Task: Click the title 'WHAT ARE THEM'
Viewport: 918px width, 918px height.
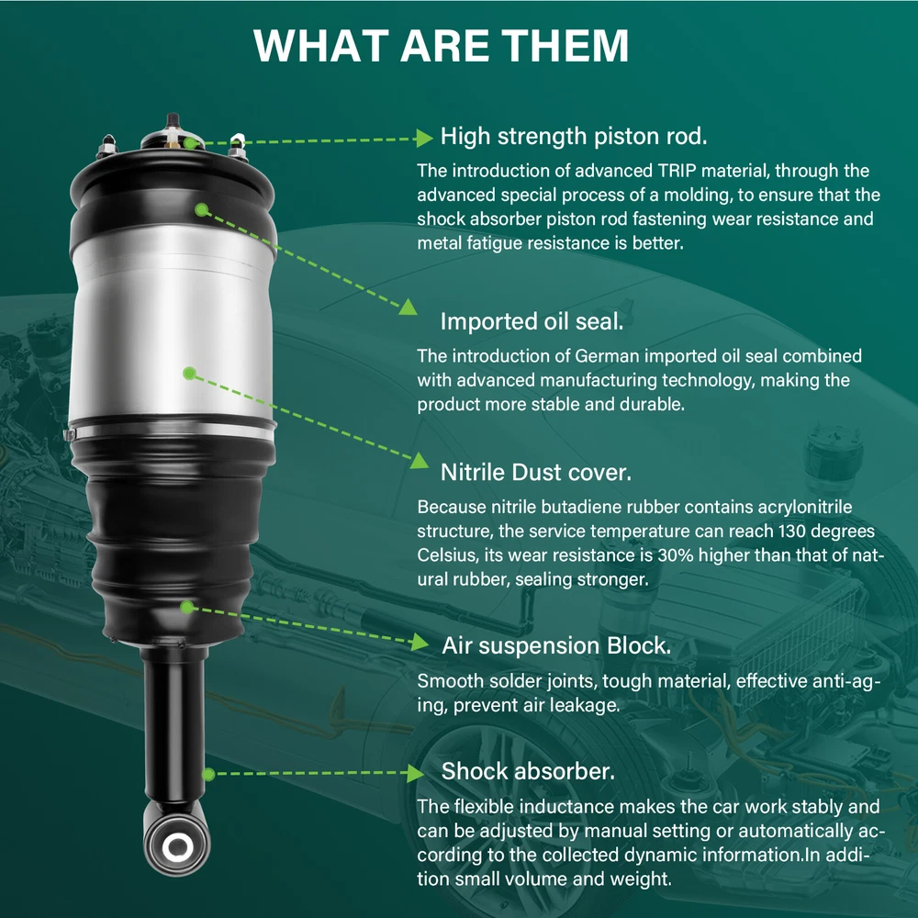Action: tap(441, 45)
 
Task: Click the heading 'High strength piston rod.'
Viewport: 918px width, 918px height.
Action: tap(574, 137)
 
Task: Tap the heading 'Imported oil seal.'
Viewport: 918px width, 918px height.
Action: tap(532, 321)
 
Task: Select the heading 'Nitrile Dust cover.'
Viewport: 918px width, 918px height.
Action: tap(536, 473)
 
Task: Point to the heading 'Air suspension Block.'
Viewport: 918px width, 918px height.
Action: tap(556, 645)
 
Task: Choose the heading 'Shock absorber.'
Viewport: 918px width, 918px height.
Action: tap(528, 771)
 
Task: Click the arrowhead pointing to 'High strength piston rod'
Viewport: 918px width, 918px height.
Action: tap(424, 139)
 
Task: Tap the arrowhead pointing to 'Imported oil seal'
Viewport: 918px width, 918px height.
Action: tap(409, 307)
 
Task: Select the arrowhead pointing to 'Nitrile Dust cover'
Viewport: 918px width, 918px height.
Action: tap(420, 461)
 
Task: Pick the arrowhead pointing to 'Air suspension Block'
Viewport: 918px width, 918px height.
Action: tap(420, 643)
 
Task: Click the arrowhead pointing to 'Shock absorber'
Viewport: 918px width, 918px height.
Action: tap(415, 773)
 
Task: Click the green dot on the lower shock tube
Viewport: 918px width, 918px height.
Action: tap(208, 775)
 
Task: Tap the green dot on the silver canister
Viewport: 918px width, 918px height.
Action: tap(189, 373)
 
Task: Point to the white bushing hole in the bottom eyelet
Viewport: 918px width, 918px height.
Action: tap(177, 846)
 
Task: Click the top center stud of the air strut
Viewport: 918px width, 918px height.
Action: tap(173, 121)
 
